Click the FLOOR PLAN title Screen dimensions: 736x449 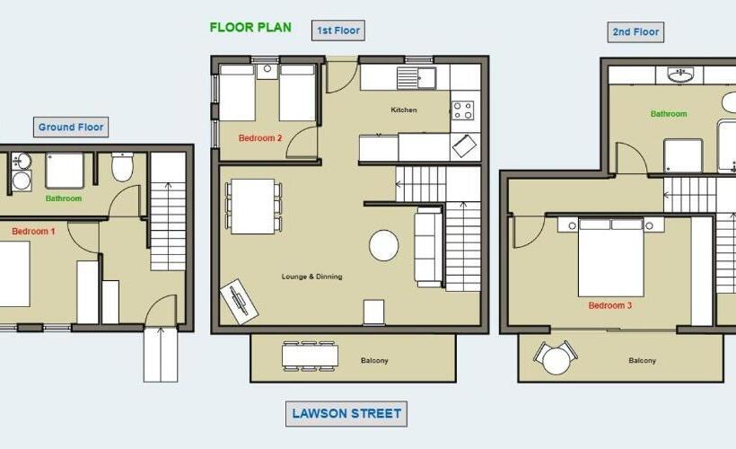click(x=250, y=27)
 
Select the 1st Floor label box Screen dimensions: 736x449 click(x=338, y=31)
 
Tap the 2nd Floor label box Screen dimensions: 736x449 click(x=635, y=32)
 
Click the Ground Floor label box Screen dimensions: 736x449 click(x=71, y=127)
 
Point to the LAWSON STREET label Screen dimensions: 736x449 click(x=346, y=414)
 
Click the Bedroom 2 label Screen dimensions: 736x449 click(x=260, y=138)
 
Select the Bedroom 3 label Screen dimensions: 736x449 click(x=610, y=305)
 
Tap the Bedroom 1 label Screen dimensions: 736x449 click(x=33, y=231)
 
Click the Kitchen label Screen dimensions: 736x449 click(x=404, y=110)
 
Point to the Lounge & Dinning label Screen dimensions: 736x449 click(x=311, y=277)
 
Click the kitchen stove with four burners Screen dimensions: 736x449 click(x=463, y=110)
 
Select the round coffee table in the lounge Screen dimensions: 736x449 click(x=384, y=245)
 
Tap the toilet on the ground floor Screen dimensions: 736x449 click(x=122, y=167)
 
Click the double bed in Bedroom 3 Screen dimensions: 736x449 click(x=610, y=258)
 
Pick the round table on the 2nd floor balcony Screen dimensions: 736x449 click(x=556, y=361)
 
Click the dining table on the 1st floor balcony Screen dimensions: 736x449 click(x=310, y=357)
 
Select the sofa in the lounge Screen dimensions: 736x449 click(x=428, y=247)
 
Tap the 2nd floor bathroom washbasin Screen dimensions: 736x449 click(x=680, y=75)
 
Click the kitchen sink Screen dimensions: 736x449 click(x=416, y=78)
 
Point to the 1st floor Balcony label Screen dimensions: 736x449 click(x=374, y=361)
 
